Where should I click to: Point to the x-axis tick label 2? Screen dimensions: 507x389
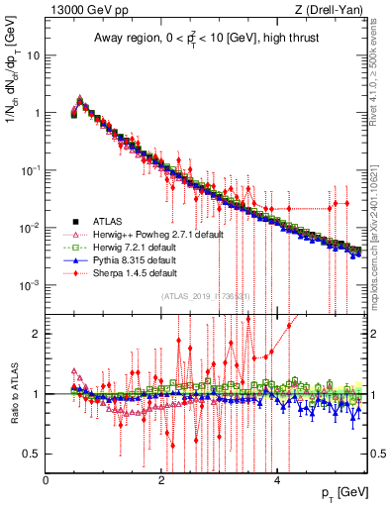click(161, 480)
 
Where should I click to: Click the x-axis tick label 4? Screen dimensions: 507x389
click(276, 480)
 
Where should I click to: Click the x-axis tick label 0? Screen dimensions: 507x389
click(47, 480)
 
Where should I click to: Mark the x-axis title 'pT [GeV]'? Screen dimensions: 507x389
click(341, 492)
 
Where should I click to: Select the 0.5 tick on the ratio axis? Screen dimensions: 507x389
click(31, 454)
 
